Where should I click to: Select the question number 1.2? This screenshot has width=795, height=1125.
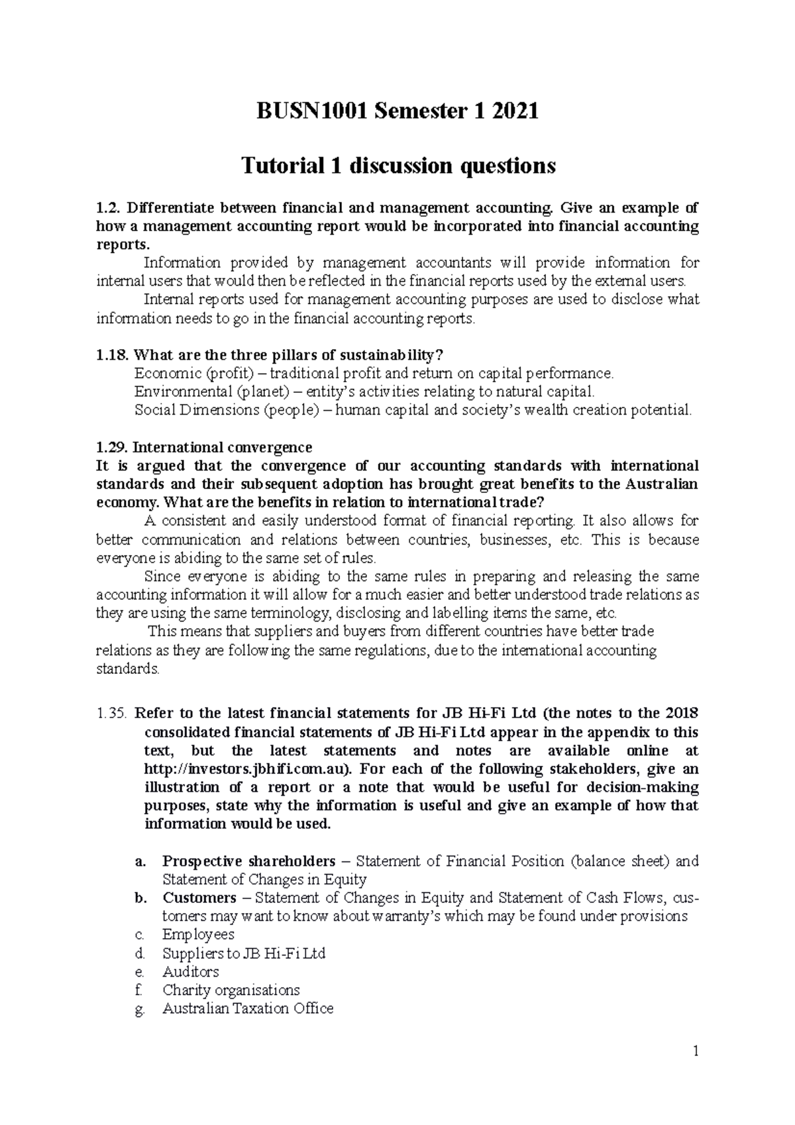click(107, 208)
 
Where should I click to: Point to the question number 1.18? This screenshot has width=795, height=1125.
click(111, 354)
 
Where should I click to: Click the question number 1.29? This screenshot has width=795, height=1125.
click(111, 447)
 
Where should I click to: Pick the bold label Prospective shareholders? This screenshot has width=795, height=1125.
click(248, 861)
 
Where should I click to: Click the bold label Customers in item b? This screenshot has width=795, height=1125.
click(199, 898)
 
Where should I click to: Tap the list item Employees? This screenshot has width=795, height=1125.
click(198, 935)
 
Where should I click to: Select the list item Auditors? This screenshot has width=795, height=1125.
click(190, 972)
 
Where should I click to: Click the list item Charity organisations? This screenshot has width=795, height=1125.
click(231, 991)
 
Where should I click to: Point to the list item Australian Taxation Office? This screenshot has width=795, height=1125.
click(247, 1009)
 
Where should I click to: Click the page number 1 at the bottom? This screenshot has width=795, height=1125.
click(696, 1051)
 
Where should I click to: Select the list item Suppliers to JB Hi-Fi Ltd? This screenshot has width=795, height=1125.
click(243, 953)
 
